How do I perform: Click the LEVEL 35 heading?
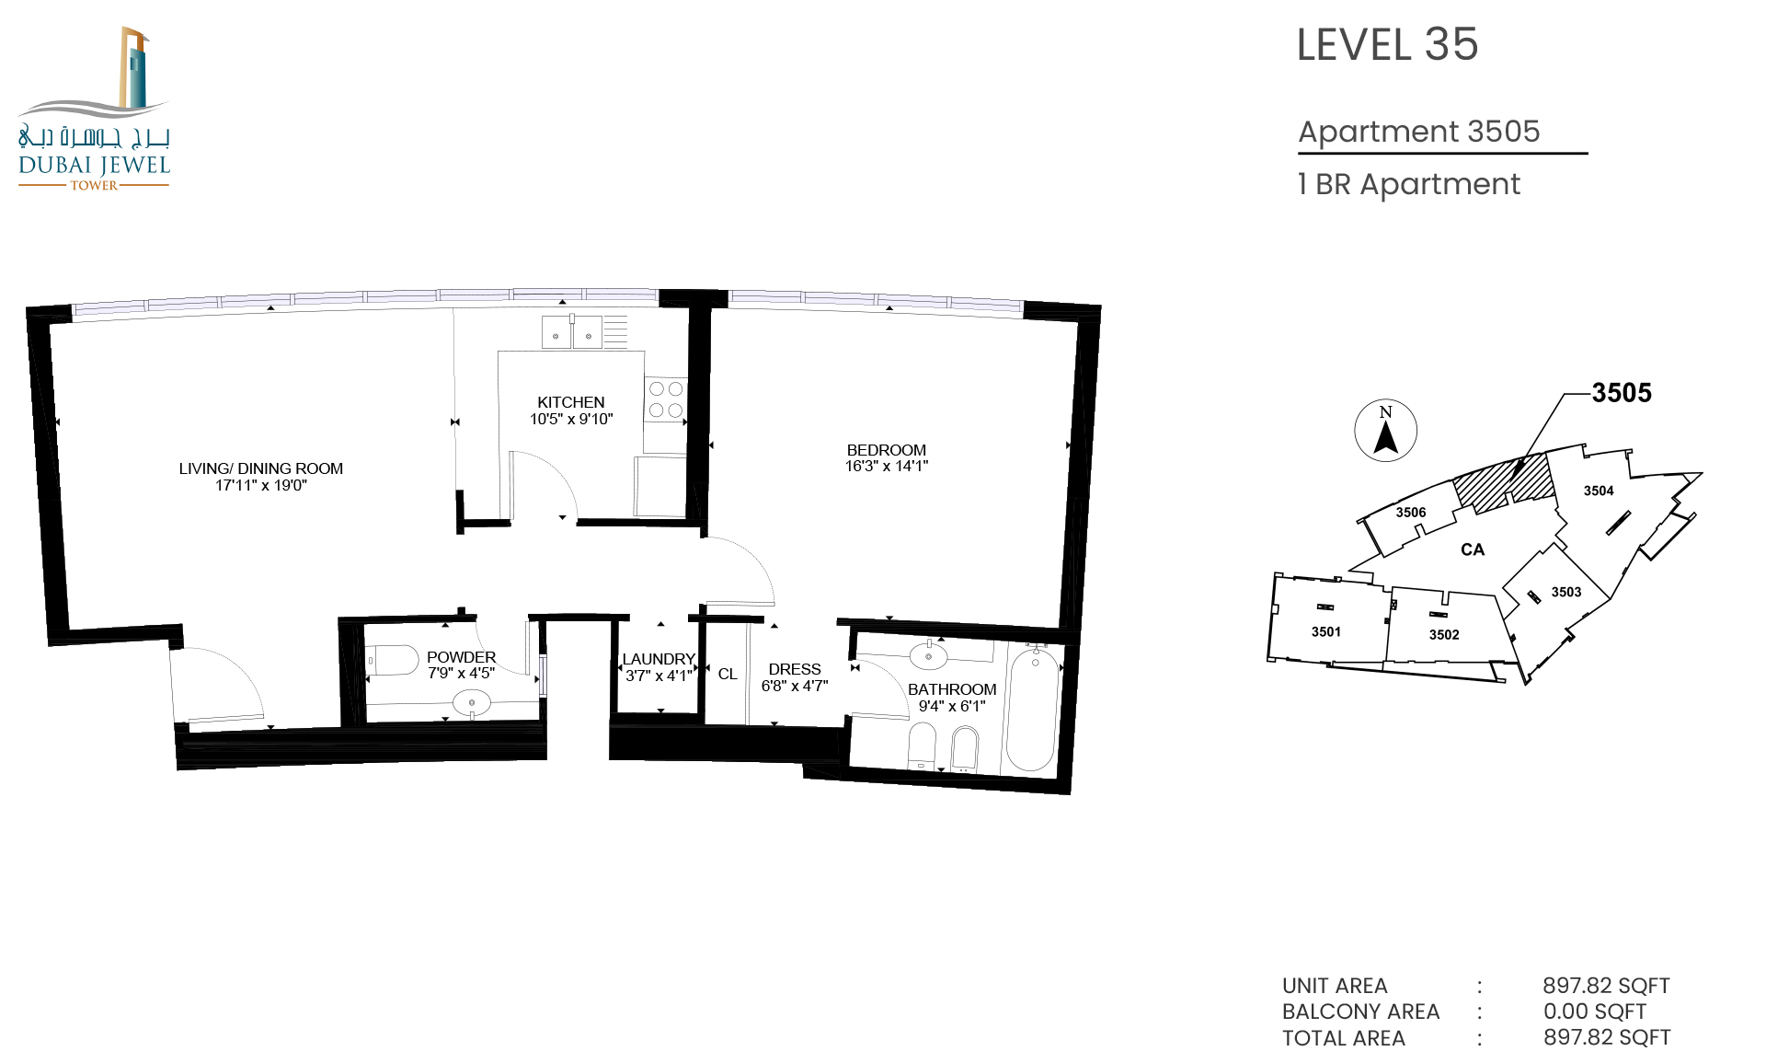[x=1387, y=45]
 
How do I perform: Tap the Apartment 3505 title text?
[x=1419, y=132]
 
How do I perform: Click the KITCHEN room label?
[x=571, y=402]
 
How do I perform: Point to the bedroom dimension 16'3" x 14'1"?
[x=887, y=467]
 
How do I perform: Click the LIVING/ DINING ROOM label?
[x=261, y=468]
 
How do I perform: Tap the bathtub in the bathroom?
[x=1032, y=707]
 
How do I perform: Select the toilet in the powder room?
[x=393, y=661]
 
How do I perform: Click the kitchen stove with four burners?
[x=666, y=399]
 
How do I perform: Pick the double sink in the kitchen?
[x=572, y=332]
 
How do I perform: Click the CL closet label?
[x=728, y=675]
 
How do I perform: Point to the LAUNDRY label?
[x=659, y=659]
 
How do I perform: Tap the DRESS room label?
[x=795, y=669]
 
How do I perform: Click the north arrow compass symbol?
[x=1385, y=431]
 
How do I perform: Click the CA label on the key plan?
[x=1473, y=549]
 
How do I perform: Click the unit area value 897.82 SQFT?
[x=1606, y=986]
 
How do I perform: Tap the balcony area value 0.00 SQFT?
[x=1595, y=1011]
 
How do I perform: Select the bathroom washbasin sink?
[x=929, y=656]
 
